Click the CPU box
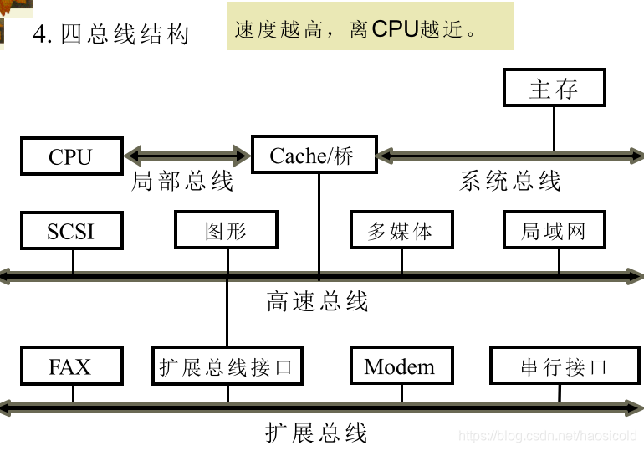(71, 156)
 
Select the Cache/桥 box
(312, 156)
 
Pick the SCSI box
(71, 231)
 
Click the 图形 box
(226, 231)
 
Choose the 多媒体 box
(401, 231)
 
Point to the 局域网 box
(554, 231)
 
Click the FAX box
(71, 366)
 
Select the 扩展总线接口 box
(227, 366)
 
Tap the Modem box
(401, 366)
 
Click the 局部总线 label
(182, 182)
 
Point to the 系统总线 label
(510, 181)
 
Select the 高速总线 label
(317, 300)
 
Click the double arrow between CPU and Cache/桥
(187, 155)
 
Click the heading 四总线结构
(125, 34)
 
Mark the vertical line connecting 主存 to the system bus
(554, 129)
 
